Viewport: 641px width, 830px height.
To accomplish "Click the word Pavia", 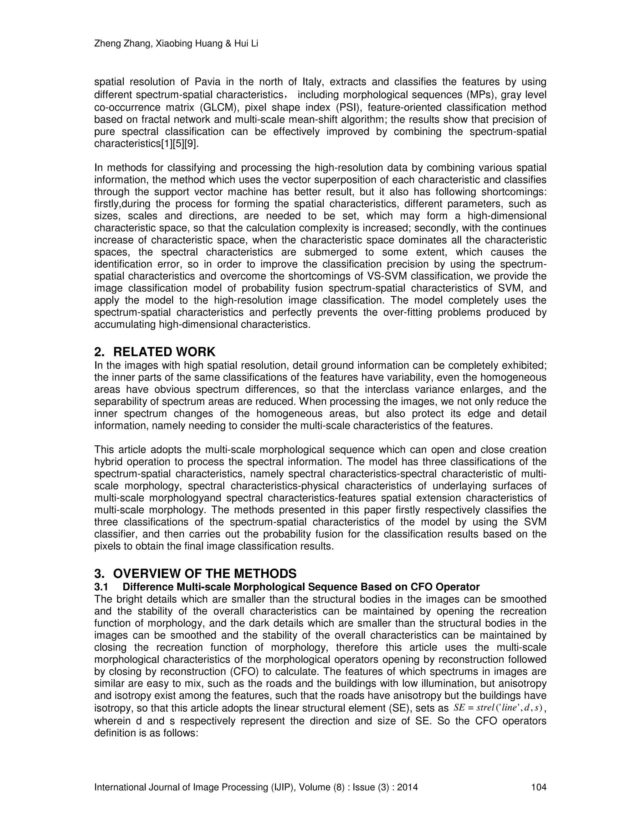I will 208,82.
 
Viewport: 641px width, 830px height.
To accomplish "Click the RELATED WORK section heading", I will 164,352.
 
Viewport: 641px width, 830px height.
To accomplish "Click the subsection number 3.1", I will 101,587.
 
